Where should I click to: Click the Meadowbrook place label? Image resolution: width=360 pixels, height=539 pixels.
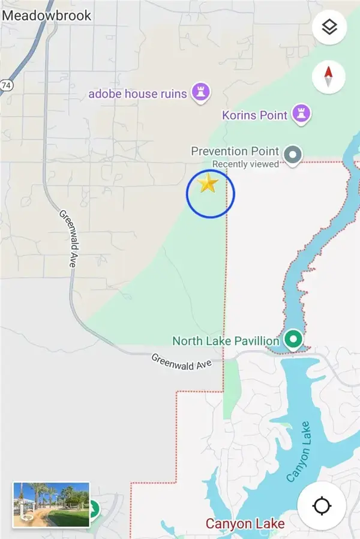(x=47, y=14)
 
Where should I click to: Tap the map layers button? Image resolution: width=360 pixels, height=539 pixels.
(x=329, y=27)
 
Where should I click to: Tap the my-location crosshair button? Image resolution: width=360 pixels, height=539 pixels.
(x=322, y=505)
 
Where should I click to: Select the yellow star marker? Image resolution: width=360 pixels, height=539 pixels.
(x=208, y=184)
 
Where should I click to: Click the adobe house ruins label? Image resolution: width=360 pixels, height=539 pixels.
(x=138, y=94)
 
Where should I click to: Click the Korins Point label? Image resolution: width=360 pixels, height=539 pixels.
(x=254, y=114)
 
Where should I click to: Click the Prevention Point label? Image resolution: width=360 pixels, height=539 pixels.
(x=235, y=151)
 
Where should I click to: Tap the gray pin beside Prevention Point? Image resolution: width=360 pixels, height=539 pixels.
(x=292, y=155)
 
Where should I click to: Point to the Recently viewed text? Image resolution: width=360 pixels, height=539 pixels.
(x=245, y=164)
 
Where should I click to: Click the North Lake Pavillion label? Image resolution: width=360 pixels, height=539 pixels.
(x=226, y=341)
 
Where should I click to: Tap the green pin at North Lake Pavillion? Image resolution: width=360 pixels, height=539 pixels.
(x=293, y=340)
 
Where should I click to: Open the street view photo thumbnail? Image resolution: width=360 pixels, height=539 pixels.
(x=51, y=505)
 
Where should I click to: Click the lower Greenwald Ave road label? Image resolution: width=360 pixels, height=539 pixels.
(x=181, y=361)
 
